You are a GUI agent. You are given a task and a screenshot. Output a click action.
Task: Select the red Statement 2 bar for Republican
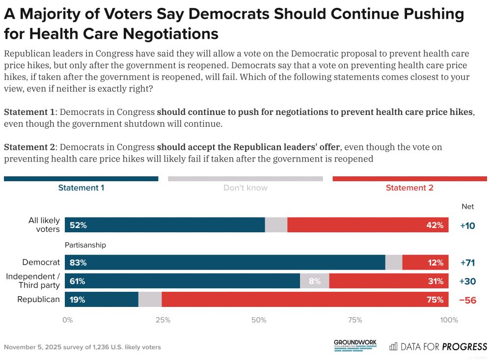coord(304,300)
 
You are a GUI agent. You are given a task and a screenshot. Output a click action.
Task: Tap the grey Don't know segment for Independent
coord(314,281)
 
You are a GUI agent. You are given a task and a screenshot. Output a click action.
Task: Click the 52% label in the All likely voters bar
coord(78,225)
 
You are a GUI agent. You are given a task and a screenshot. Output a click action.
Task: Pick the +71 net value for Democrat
coord(468,263)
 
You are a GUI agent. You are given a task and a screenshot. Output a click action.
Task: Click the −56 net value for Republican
coord(467,300)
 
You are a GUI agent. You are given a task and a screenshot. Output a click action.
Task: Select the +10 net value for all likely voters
coord(468,225)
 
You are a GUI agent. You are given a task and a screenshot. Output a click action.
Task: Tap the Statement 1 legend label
coord(81,188)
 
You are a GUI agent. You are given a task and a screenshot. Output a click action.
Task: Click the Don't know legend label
coord(245,188)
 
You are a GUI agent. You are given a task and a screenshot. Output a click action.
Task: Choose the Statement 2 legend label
coord(409,188)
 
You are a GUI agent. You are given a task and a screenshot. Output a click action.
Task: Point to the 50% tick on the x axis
coord(259,320)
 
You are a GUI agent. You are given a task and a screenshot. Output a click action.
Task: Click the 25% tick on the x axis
coord(163,320)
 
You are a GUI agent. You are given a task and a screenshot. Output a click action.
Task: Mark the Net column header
coord(467,207)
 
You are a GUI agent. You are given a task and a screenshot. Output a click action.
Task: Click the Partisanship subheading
coord(85,245)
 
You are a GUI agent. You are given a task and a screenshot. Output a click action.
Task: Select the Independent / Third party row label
coord(33,281)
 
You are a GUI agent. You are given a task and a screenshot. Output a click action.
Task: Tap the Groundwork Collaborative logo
coord(355,345)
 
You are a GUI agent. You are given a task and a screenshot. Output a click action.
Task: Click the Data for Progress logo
coord(438,346)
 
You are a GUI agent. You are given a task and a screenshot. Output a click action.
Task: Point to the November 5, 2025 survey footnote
coord(82,347)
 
